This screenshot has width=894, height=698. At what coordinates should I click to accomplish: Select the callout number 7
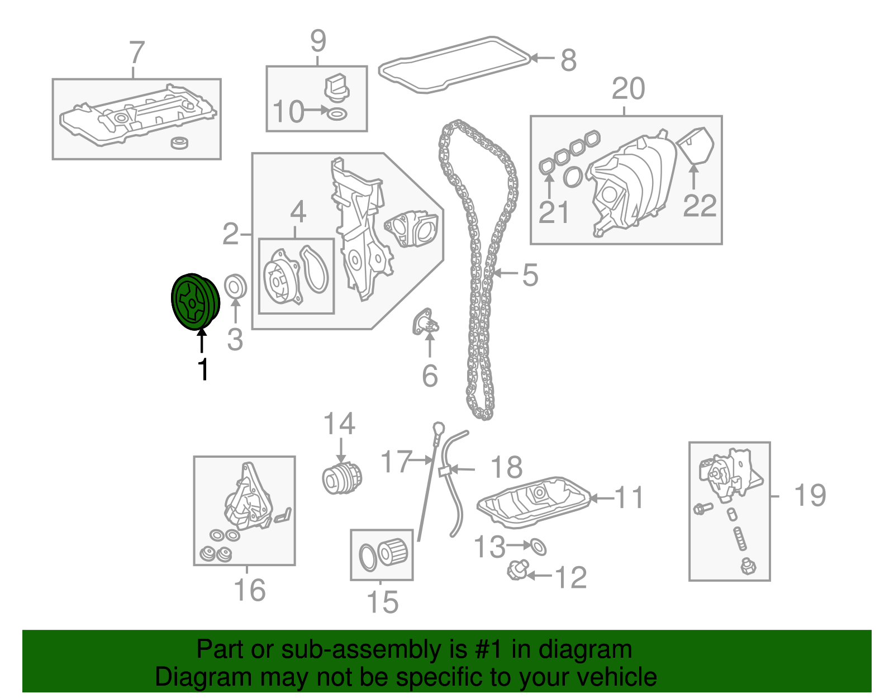point(136,53)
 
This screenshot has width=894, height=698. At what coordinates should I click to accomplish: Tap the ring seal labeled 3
point(235,287)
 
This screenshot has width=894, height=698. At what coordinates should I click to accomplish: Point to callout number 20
point(628,89)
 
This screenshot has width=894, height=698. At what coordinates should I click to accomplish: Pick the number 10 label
point(288,112)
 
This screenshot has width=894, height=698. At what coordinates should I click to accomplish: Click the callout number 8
point(568,60)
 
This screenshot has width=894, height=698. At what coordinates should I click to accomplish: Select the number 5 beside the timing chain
point(530,275)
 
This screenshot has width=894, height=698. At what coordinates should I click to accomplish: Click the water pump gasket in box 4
point(315,269)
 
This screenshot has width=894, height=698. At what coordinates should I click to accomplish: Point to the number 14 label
point(339,424)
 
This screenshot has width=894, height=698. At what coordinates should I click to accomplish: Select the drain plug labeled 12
point(517,571)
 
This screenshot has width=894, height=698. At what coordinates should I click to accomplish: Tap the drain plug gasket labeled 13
point(538,547)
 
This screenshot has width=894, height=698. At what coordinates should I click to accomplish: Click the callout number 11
point(629,497)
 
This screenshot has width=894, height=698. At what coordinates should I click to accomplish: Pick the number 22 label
point(700,206)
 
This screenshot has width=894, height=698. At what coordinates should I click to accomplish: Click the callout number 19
point(810,495)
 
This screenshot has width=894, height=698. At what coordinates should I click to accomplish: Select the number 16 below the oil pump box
point(249,590)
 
